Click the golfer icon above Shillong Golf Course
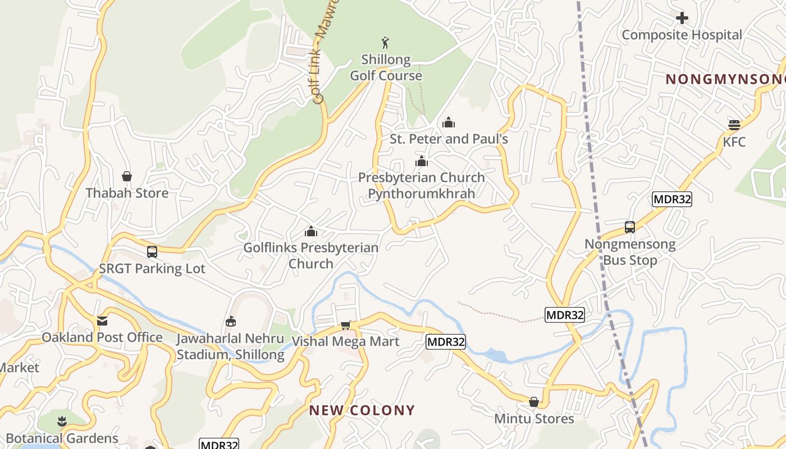385,43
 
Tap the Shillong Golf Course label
386,67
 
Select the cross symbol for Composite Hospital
682,18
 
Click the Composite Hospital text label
682,35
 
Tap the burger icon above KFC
734,125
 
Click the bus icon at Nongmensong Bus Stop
630,227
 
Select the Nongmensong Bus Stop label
630,253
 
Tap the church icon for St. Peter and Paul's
449,122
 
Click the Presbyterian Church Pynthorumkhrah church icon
422,162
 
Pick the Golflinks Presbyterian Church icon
310,231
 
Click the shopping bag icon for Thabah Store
127,177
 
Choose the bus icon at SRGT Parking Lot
152,252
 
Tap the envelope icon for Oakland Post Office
102,321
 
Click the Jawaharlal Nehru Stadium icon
230,322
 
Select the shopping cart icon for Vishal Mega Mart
346,326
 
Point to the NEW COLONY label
362,410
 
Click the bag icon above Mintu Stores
534,402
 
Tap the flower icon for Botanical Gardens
62,421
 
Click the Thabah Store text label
127,193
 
